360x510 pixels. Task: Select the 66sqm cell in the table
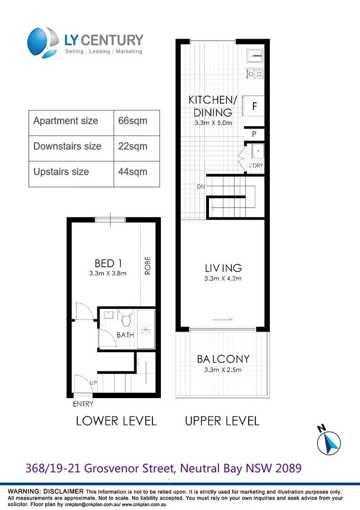click(x=133, y=121)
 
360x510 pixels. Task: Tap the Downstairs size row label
click(x=67, y=146)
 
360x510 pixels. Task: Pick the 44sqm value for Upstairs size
click(x=132, y=172)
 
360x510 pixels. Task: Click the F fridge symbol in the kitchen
click(x=254, y=106)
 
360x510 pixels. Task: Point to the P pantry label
click(x=254, y=135)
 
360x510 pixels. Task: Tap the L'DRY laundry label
click(x=256, y=166)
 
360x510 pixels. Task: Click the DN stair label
click(x=201, y=187)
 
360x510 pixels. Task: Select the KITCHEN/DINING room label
click(x=212, y=106)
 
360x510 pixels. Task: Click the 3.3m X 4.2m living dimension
click(x=223, y=279)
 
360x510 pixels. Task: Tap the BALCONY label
click(x=223, y=359)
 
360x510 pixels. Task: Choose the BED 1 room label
click(x=104, y=263)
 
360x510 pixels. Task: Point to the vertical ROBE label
click(x=147, y=266)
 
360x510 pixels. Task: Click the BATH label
click(x=126, y=335)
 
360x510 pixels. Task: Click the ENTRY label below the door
click(x=83, y=404)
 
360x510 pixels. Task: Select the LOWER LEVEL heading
click(x=116, y=421)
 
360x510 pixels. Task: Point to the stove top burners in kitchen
click(x=255, y=74)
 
